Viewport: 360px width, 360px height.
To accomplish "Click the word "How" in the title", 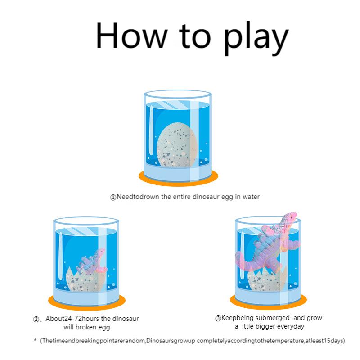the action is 131,35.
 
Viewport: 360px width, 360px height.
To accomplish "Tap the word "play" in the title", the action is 256,38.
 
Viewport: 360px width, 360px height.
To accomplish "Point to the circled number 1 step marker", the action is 113,197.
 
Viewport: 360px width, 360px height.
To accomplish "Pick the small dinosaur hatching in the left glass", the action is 92,262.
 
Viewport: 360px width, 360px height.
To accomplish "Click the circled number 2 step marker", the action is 36,319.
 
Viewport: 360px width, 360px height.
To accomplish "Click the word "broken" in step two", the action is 85,327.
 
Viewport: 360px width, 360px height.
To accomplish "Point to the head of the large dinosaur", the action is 290,217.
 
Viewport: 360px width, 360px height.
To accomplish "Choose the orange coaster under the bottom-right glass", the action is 268,301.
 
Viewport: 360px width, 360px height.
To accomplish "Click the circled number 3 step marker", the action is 218,319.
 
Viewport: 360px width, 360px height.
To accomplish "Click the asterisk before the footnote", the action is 35,340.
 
